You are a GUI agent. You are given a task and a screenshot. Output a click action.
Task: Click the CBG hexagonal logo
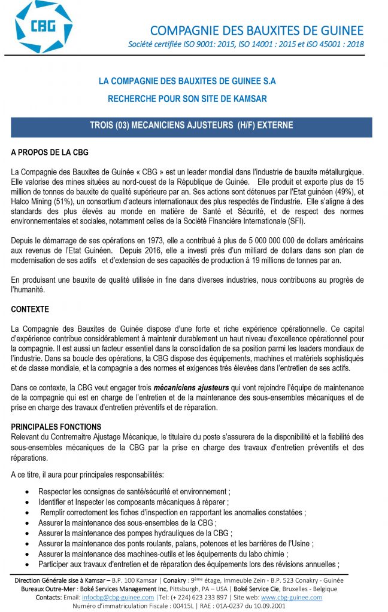(x=44, y=27)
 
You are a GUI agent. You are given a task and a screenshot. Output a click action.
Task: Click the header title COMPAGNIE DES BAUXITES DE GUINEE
(x=256, y=30)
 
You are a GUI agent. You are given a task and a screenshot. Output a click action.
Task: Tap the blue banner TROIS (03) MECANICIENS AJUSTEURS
(x=191, y=126)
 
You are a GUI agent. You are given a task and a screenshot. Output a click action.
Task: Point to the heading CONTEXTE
(x=30, y=310)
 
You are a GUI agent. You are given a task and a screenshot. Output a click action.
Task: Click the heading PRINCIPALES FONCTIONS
(x=56, y=427)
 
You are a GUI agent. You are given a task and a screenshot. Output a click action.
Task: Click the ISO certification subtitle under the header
(x=245, y=45)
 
